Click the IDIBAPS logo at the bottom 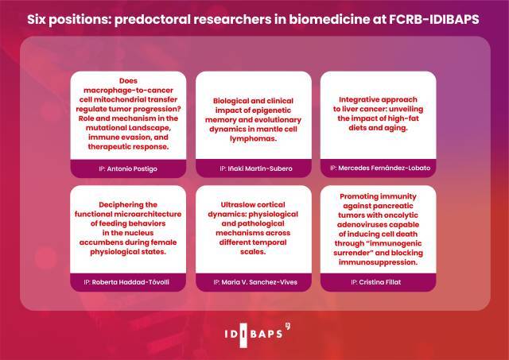[x=257, y=335]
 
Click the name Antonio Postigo [x=132, y=169]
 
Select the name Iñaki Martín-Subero [x=260, y=168]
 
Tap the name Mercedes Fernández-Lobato [x=384, y=168]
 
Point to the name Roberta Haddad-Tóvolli [x=130, y=282]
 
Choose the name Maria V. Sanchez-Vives [x=259, y=282]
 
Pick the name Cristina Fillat [x=380, y=282]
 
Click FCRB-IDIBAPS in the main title [x=434, y=19]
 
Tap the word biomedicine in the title [x=328, y=19]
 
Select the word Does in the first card [x=128, y=81]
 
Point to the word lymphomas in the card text [x=253, y=139]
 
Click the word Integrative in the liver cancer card [x=358, y=99]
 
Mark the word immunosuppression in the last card [x=377, y=262]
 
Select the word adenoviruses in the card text [x=359, y=224]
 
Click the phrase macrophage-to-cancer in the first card [x=128, y=90]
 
